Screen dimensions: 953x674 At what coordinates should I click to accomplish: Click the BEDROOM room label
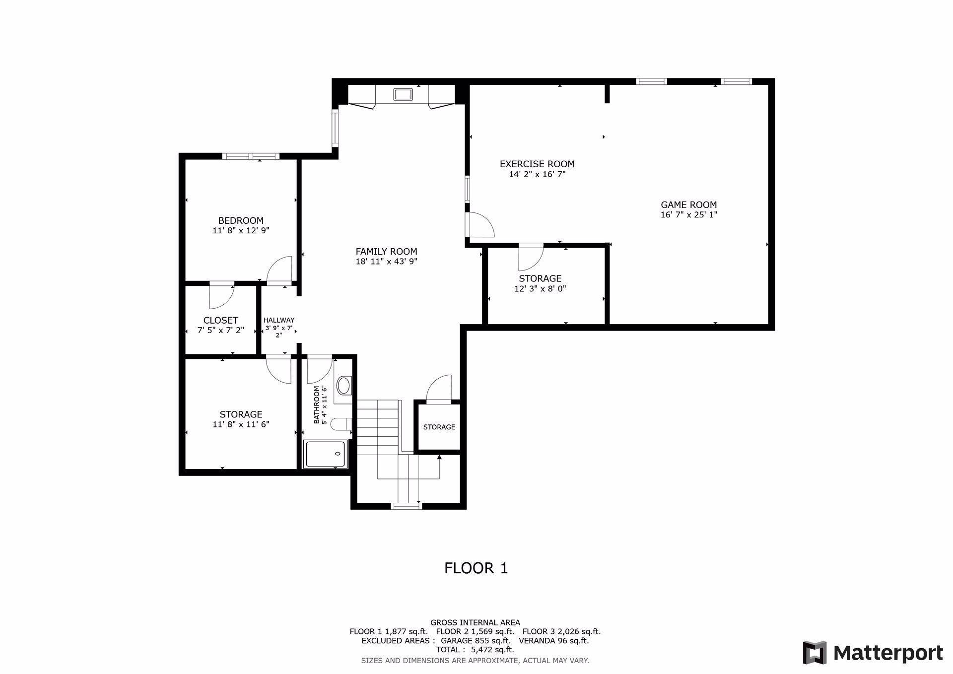pos(241,220)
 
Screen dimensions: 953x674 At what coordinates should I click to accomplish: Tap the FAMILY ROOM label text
pos(386,252)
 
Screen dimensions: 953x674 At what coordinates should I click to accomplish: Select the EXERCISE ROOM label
pos(537,164)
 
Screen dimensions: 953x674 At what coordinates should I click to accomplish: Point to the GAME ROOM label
pos(688,204)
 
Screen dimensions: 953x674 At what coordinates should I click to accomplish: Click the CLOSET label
pos(220,320)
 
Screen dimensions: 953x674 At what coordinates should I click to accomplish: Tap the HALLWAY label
pos(279,320)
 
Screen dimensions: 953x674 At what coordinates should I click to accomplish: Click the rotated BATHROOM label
pos(316,405)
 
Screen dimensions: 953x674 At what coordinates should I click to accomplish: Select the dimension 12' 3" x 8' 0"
pos(540,288)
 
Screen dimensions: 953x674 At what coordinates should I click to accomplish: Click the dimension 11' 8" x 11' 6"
pos(241,424)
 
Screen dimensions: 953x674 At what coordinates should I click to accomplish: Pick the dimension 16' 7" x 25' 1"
pos(688,215)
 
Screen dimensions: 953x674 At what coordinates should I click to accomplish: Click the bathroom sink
pos(343,385)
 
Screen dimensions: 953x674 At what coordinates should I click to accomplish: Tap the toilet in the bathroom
pos(341,424)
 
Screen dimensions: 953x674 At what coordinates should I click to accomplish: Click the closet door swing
pos(221,296)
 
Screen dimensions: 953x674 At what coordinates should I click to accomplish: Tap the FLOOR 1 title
pos(476,568)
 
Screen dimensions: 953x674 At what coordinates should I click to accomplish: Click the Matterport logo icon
pos(815,653)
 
